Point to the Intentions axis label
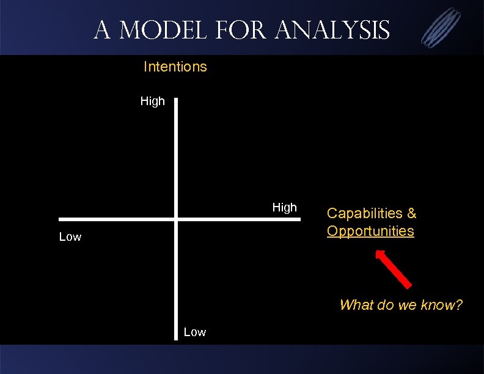pos(175,67)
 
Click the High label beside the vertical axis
pos(152,101)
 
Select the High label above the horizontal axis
pos(284,208)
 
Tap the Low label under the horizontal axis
pos(70,237)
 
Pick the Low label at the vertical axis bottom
pos(194,332)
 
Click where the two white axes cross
pos(176,219)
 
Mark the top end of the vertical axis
pos(176,98)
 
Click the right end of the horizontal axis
pos(299,219)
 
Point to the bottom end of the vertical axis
pos(176,339)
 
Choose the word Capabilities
pos(365,213)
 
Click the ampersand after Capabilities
pos(411,213)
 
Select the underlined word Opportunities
pos(370,231)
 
